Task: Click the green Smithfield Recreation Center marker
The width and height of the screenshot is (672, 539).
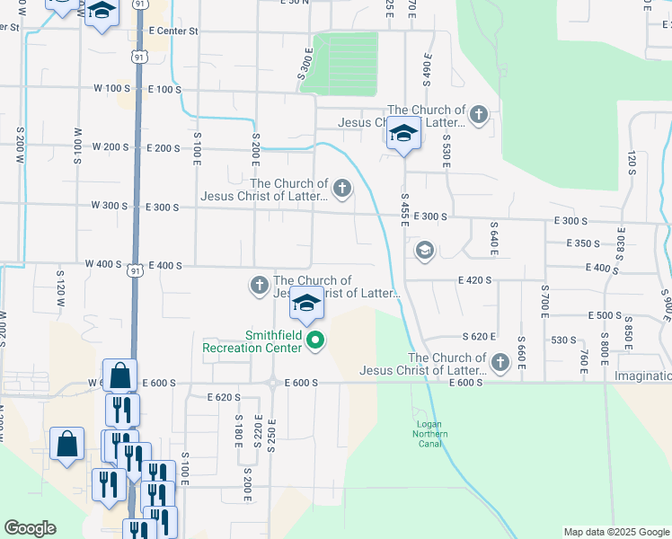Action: [314, 340]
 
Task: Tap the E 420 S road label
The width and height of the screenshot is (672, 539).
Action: [474, 280]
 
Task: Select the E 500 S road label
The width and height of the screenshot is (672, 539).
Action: [606, 315]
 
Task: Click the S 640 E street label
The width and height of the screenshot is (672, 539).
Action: [493, 239]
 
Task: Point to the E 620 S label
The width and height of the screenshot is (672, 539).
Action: [224, 397]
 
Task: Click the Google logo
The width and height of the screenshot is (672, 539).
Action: [30, 528]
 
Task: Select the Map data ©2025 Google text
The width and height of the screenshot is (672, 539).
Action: [615, 532]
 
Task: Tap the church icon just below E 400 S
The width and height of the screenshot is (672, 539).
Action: [259, 286]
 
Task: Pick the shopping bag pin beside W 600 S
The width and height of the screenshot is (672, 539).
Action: [119, 375]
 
